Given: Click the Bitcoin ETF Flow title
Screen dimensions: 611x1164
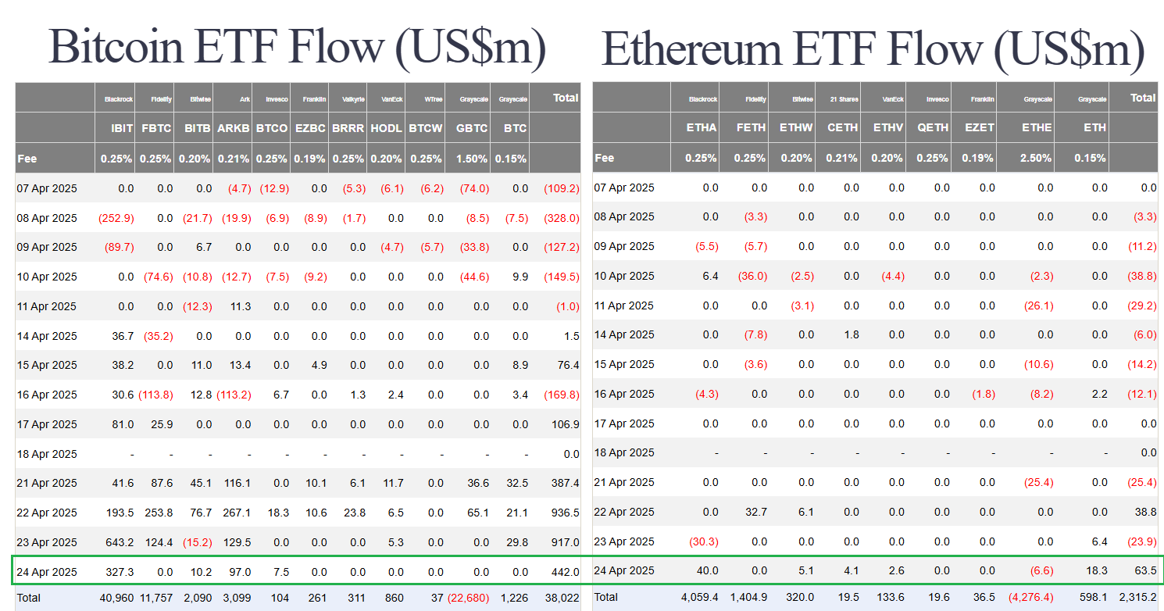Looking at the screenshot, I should pos(297,48).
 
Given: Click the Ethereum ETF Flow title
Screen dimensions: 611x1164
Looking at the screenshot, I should pos(873,49).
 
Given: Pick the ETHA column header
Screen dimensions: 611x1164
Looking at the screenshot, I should pos(701,127).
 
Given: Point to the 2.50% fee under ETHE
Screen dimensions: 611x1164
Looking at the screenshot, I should pos(1036,158).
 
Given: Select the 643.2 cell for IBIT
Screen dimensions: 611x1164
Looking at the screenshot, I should pos(119,542).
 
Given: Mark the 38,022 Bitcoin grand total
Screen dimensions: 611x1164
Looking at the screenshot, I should pos(562,598).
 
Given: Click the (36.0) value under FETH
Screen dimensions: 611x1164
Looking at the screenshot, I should pos(752,276).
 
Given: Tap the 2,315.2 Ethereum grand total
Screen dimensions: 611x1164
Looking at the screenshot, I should pos(1137,597).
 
